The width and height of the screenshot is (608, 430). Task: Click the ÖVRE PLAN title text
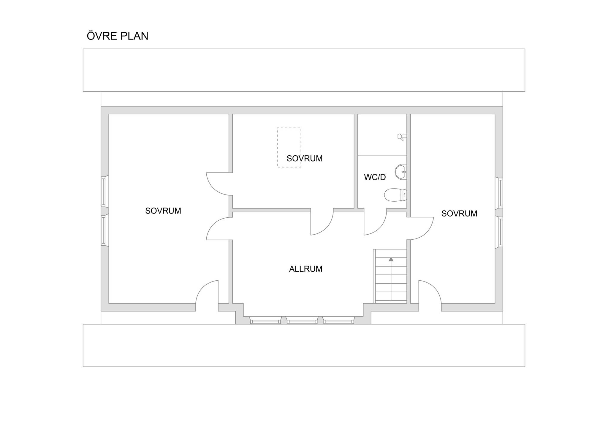[117, 36]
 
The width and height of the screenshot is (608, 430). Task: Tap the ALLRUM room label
[305, 269]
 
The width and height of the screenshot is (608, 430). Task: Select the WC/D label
[375, 177]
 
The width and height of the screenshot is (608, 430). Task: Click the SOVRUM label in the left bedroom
[163, 211]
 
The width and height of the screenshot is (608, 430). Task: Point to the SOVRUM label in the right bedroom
[459, 214]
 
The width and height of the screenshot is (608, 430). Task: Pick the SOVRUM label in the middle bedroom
[305, 159]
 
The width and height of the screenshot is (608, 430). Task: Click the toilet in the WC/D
[395, 195]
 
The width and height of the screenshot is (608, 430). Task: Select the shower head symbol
[402, 137]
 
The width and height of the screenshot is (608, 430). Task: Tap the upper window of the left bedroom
[103, 192]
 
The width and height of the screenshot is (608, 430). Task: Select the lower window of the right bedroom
[501, 232]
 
